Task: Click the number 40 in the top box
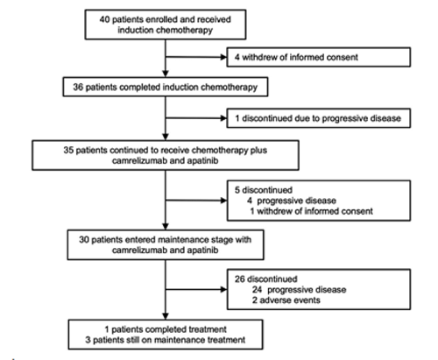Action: (104, 19)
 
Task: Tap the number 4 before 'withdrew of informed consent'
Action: (237, 57)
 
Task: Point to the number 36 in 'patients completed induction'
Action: (78, 87)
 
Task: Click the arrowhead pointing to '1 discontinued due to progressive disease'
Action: (224, 118)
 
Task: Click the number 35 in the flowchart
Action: (68, 150)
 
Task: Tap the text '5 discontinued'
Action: (264, 190)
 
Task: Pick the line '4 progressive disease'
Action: (292, 201)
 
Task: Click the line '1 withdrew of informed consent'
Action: (311, 211)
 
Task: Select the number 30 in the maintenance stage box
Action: (84, 240)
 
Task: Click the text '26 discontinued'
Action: (265, 279)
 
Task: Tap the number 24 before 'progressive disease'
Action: (257, 290)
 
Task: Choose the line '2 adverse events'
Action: (286, 300)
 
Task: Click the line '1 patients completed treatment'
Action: (166, 329)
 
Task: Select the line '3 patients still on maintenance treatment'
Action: (166, 340)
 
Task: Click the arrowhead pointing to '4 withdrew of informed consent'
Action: (224, 57)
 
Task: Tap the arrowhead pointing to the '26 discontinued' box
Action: (224, 290)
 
